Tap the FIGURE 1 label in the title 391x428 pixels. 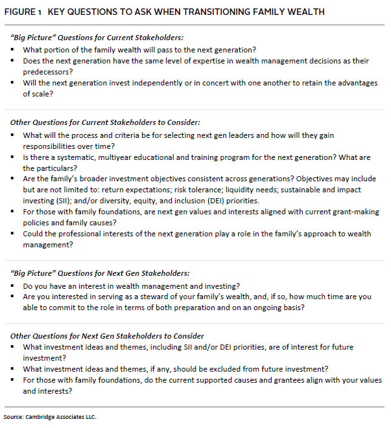tap(25, 12)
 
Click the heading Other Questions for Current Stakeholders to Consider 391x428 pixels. tap(105, 122)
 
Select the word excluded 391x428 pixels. tap(211, 368)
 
